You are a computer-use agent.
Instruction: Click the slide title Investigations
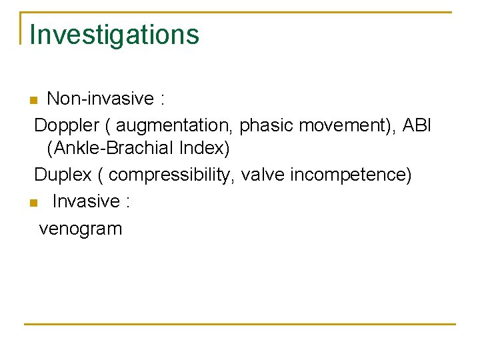114,35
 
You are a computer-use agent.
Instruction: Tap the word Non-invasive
100,99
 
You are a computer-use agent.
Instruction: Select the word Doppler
62,125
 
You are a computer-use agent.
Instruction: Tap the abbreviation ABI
417,125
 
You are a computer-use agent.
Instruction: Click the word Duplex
62,175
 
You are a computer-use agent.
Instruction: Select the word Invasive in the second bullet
86,201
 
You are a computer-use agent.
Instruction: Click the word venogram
81,229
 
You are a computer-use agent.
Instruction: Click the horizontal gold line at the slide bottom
240,325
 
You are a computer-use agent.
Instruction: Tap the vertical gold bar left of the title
21,28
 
